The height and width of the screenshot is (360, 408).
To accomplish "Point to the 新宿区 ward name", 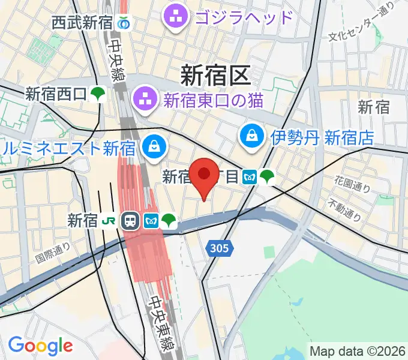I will (214, 76).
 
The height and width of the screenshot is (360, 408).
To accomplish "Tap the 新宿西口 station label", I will (57, 94).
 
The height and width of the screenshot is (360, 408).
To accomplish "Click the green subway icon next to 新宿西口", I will (98, 94).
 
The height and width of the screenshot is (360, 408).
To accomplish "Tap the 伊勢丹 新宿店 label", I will (322, 138).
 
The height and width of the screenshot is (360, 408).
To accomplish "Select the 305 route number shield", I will (219, 248).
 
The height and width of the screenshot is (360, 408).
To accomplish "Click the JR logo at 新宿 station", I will (109, 221).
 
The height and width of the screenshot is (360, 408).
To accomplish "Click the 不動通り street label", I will (344, 210).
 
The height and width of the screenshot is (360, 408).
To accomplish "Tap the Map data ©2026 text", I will (358, 351).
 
